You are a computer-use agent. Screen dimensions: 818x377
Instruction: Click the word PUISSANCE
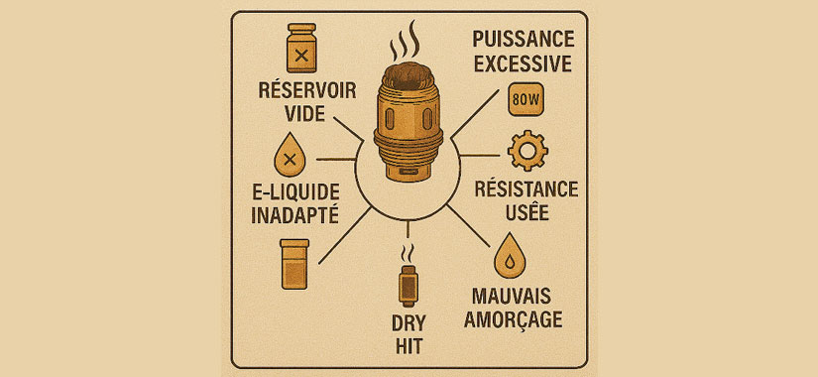tap(524, 40)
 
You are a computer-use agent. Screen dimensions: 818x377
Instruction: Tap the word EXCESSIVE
tap(524, 64)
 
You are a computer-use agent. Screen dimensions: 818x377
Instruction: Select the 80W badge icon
tap(525, 99)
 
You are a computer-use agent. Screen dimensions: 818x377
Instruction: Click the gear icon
tap(527, 151)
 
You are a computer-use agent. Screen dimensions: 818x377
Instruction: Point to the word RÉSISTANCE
tap(526, 189)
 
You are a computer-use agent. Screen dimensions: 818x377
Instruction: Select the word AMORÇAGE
tap(514, 319)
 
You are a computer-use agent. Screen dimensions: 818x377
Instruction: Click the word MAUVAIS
tap(512, 296)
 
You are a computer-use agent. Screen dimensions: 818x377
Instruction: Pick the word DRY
tap(409, 322)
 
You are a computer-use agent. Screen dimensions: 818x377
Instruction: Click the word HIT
tap(409, 346)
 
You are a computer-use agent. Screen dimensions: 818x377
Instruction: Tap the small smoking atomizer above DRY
tap(408, 276)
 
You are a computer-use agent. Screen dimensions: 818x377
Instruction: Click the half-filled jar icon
tap(294, 264)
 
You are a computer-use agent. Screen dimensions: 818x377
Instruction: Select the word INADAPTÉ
tap(294, 215)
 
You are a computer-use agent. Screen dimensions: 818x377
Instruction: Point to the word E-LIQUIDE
tap(294, 192)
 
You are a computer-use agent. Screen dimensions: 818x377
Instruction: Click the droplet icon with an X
tap(290, 155)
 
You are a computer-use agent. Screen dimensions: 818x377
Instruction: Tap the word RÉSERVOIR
tap(307, 91)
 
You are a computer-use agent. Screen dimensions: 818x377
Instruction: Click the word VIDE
tap(305, 114)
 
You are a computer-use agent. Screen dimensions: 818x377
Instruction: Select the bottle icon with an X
tap(301, 48)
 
